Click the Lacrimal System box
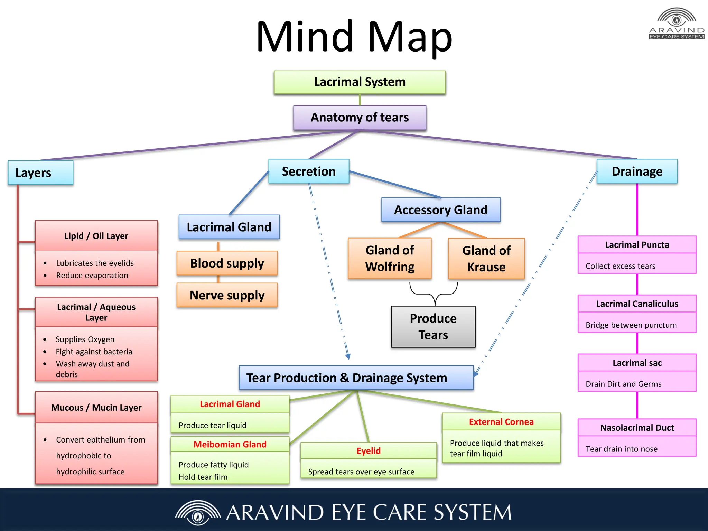point(360,82)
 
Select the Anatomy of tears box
point(360,118)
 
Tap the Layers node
point(40,173)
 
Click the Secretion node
point(309,171)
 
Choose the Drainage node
point(637,171)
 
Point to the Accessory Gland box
point(441,210)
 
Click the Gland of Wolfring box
point(390,258)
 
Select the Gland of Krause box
point(486,259)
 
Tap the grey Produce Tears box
point(433,327)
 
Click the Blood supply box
point(227,263)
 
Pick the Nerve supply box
point(227,295)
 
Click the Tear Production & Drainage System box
point(356,378)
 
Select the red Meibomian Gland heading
point(230,444)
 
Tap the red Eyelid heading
point(369,451)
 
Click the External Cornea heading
point(501,422)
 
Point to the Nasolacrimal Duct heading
point(637,428)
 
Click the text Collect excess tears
point(620,266)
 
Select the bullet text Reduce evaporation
point(92,276)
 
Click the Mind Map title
point(354,37)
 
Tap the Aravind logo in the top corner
point(677,24)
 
